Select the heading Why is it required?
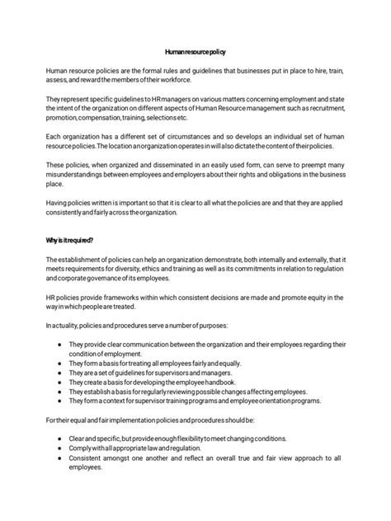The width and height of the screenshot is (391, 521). [70, 240]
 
